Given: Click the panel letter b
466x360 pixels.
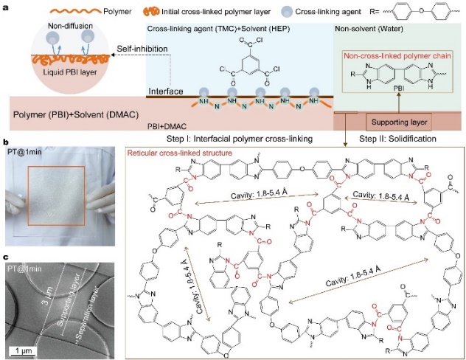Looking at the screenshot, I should pos(5,140).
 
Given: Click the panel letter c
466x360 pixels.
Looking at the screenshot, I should pos(5,255).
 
